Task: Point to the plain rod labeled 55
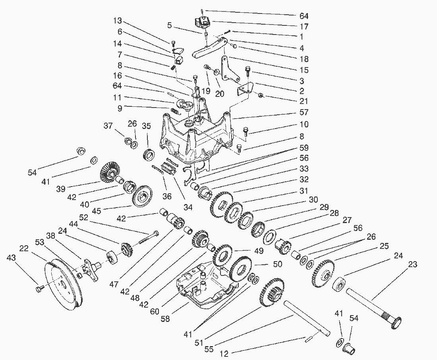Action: [x=306, y=318]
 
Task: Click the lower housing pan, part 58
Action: [x=203, y=290]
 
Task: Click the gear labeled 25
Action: [x=324, y=273]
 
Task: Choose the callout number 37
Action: [x=108, y=126]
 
